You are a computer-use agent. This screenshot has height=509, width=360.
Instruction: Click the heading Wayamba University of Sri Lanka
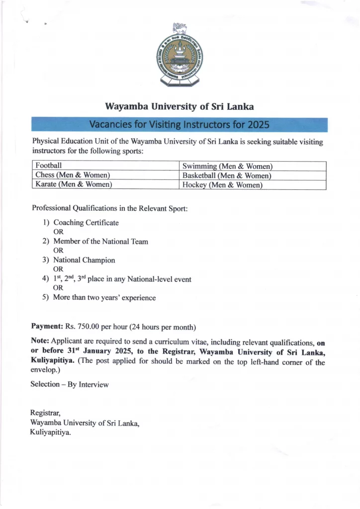(180, 107)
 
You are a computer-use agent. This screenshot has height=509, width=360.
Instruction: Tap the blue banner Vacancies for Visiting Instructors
(180, 124)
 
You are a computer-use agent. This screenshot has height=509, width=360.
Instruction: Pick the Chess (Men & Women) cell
(73, 175)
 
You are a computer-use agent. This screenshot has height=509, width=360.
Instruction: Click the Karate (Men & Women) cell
(74, 184)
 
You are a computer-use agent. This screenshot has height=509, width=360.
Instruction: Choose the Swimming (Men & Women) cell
(227, 166)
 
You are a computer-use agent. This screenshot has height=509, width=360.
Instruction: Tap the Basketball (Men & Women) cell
(227, 175)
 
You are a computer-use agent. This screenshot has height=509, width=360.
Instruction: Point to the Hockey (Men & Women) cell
(222, 185)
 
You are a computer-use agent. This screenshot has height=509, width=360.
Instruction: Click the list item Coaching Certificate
(86, 223)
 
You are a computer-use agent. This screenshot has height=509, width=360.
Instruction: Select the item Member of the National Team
(100, 242)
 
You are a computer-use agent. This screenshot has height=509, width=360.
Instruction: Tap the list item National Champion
(84, 260)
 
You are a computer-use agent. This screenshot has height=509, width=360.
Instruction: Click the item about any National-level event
(122, 279)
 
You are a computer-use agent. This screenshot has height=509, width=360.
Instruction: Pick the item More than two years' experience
(104, 298)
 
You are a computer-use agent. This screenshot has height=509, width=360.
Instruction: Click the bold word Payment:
(47, 327)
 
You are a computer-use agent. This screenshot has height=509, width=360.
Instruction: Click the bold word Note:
(40, 342)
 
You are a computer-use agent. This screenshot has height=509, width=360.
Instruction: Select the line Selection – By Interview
(69, 384)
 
